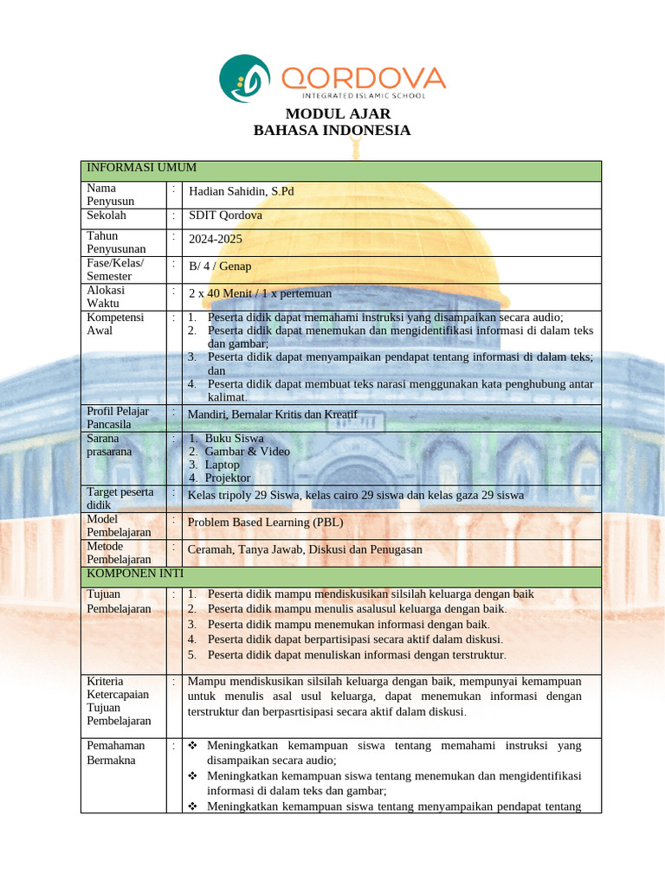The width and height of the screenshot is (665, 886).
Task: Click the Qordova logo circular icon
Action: click(245, 80)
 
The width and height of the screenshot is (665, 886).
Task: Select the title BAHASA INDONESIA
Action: click(332, 131)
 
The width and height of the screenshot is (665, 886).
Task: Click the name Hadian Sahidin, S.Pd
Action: click(241, 191)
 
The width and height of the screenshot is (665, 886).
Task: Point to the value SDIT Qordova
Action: click(225, 215)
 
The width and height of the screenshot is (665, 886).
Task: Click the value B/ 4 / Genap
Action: click(220, 266)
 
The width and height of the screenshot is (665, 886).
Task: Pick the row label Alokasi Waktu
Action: click(106, 297)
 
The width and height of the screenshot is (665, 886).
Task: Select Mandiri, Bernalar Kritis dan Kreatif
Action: click(272, 414)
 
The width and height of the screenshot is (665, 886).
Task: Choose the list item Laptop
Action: click(222, 465)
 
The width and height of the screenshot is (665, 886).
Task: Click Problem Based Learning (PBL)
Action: click(260, 523)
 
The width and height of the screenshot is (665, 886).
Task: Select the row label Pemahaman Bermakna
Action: click(115, 753)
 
